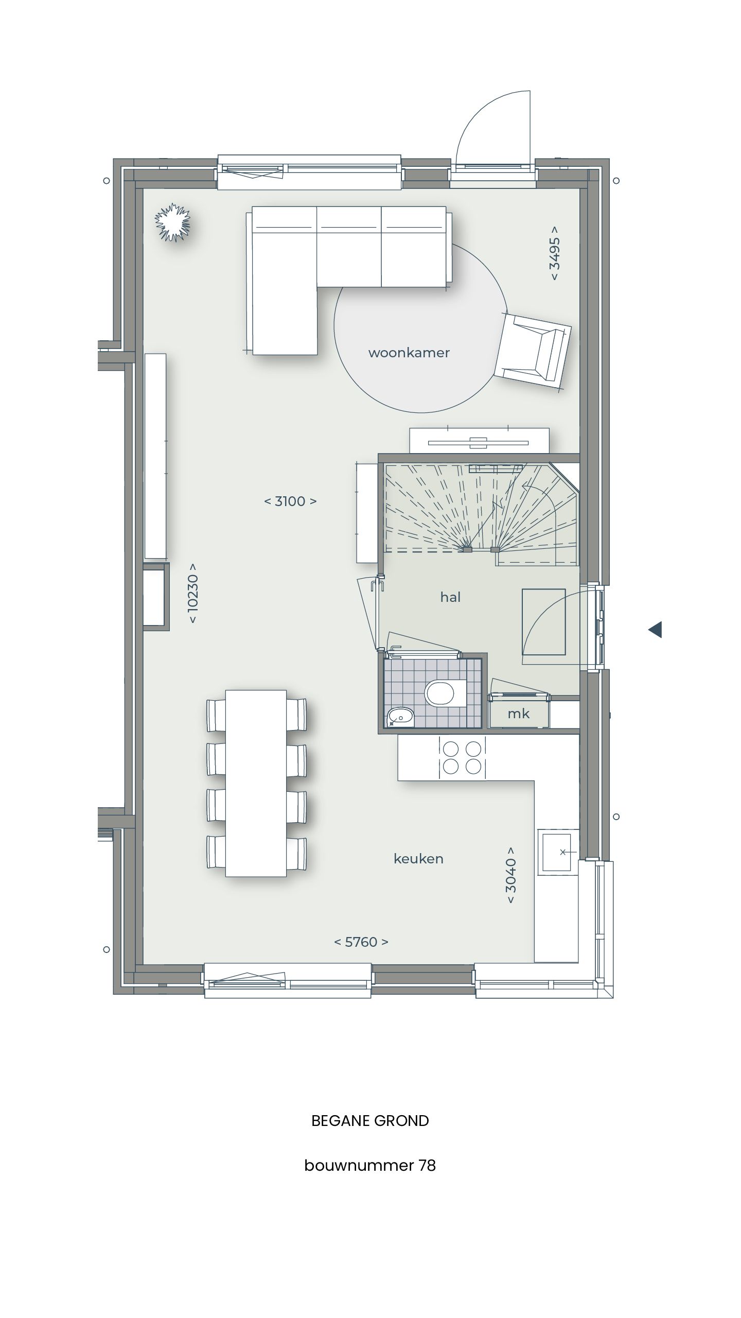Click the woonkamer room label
point(409,353)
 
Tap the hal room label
point(450,597)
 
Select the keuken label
point(418,859)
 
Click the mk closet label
point(518,714)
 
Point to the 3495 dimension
point(555,253)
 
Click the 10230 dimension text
point(193,593)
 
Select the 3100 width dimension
point(290,501)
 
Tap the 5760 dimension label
point(361,942)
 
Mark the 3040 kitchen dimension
point(510,875)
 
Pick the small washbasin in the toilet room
point(400,716)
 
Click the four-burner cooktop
point(462,757)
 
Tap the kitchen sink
point(558,852)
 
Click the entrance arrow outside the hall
point(655,629)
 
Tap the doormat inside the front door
point(543,622)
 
